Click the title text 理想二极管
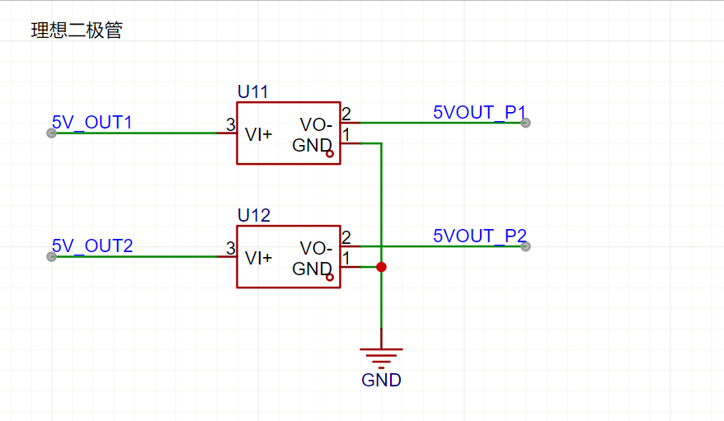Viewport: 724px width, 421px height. tap(77, 31)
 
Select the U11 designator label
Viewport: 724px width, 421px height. tap(252, 91)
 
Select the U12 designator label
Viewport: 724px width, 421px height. tap(253, 216)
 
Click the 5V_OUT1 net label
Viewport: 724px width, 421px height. tap(92, 123)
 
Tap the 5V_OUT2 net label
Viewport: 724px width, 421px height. tap(92, 246)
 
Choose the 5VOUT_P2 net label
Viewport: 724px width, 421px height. tap(479, 236)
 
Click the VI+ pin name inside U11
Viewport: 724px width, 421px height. tap(259, 133)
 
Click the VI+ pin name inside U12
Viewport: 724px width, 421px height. tap(259, 258)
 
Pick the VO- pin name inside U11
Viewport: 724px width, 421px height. tap(316, 125)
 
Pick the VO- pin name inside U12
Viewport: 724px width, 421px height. tap(316, 249)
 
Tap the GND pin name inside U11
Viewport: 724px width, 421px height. tap(312, 146)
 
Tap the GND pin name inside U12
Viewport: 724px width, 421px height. tap(312, 269)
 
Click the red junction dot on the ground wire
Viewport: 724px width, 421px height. tap(381, 267)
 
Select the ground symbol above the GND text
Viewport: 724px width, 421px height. tap(381, 355)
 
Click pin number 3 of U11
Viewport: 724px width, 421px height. tap(230, 124)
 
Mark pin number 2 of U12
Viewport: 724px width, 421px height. tap(346, 238)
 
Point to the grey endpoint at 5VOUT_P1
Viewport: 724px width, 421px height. tap(525, 123)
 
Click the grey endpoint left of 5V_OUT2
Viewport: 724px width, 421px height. tap(51, 256)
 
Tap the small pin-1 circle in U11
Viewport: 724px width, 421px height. tap(330, 154)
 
